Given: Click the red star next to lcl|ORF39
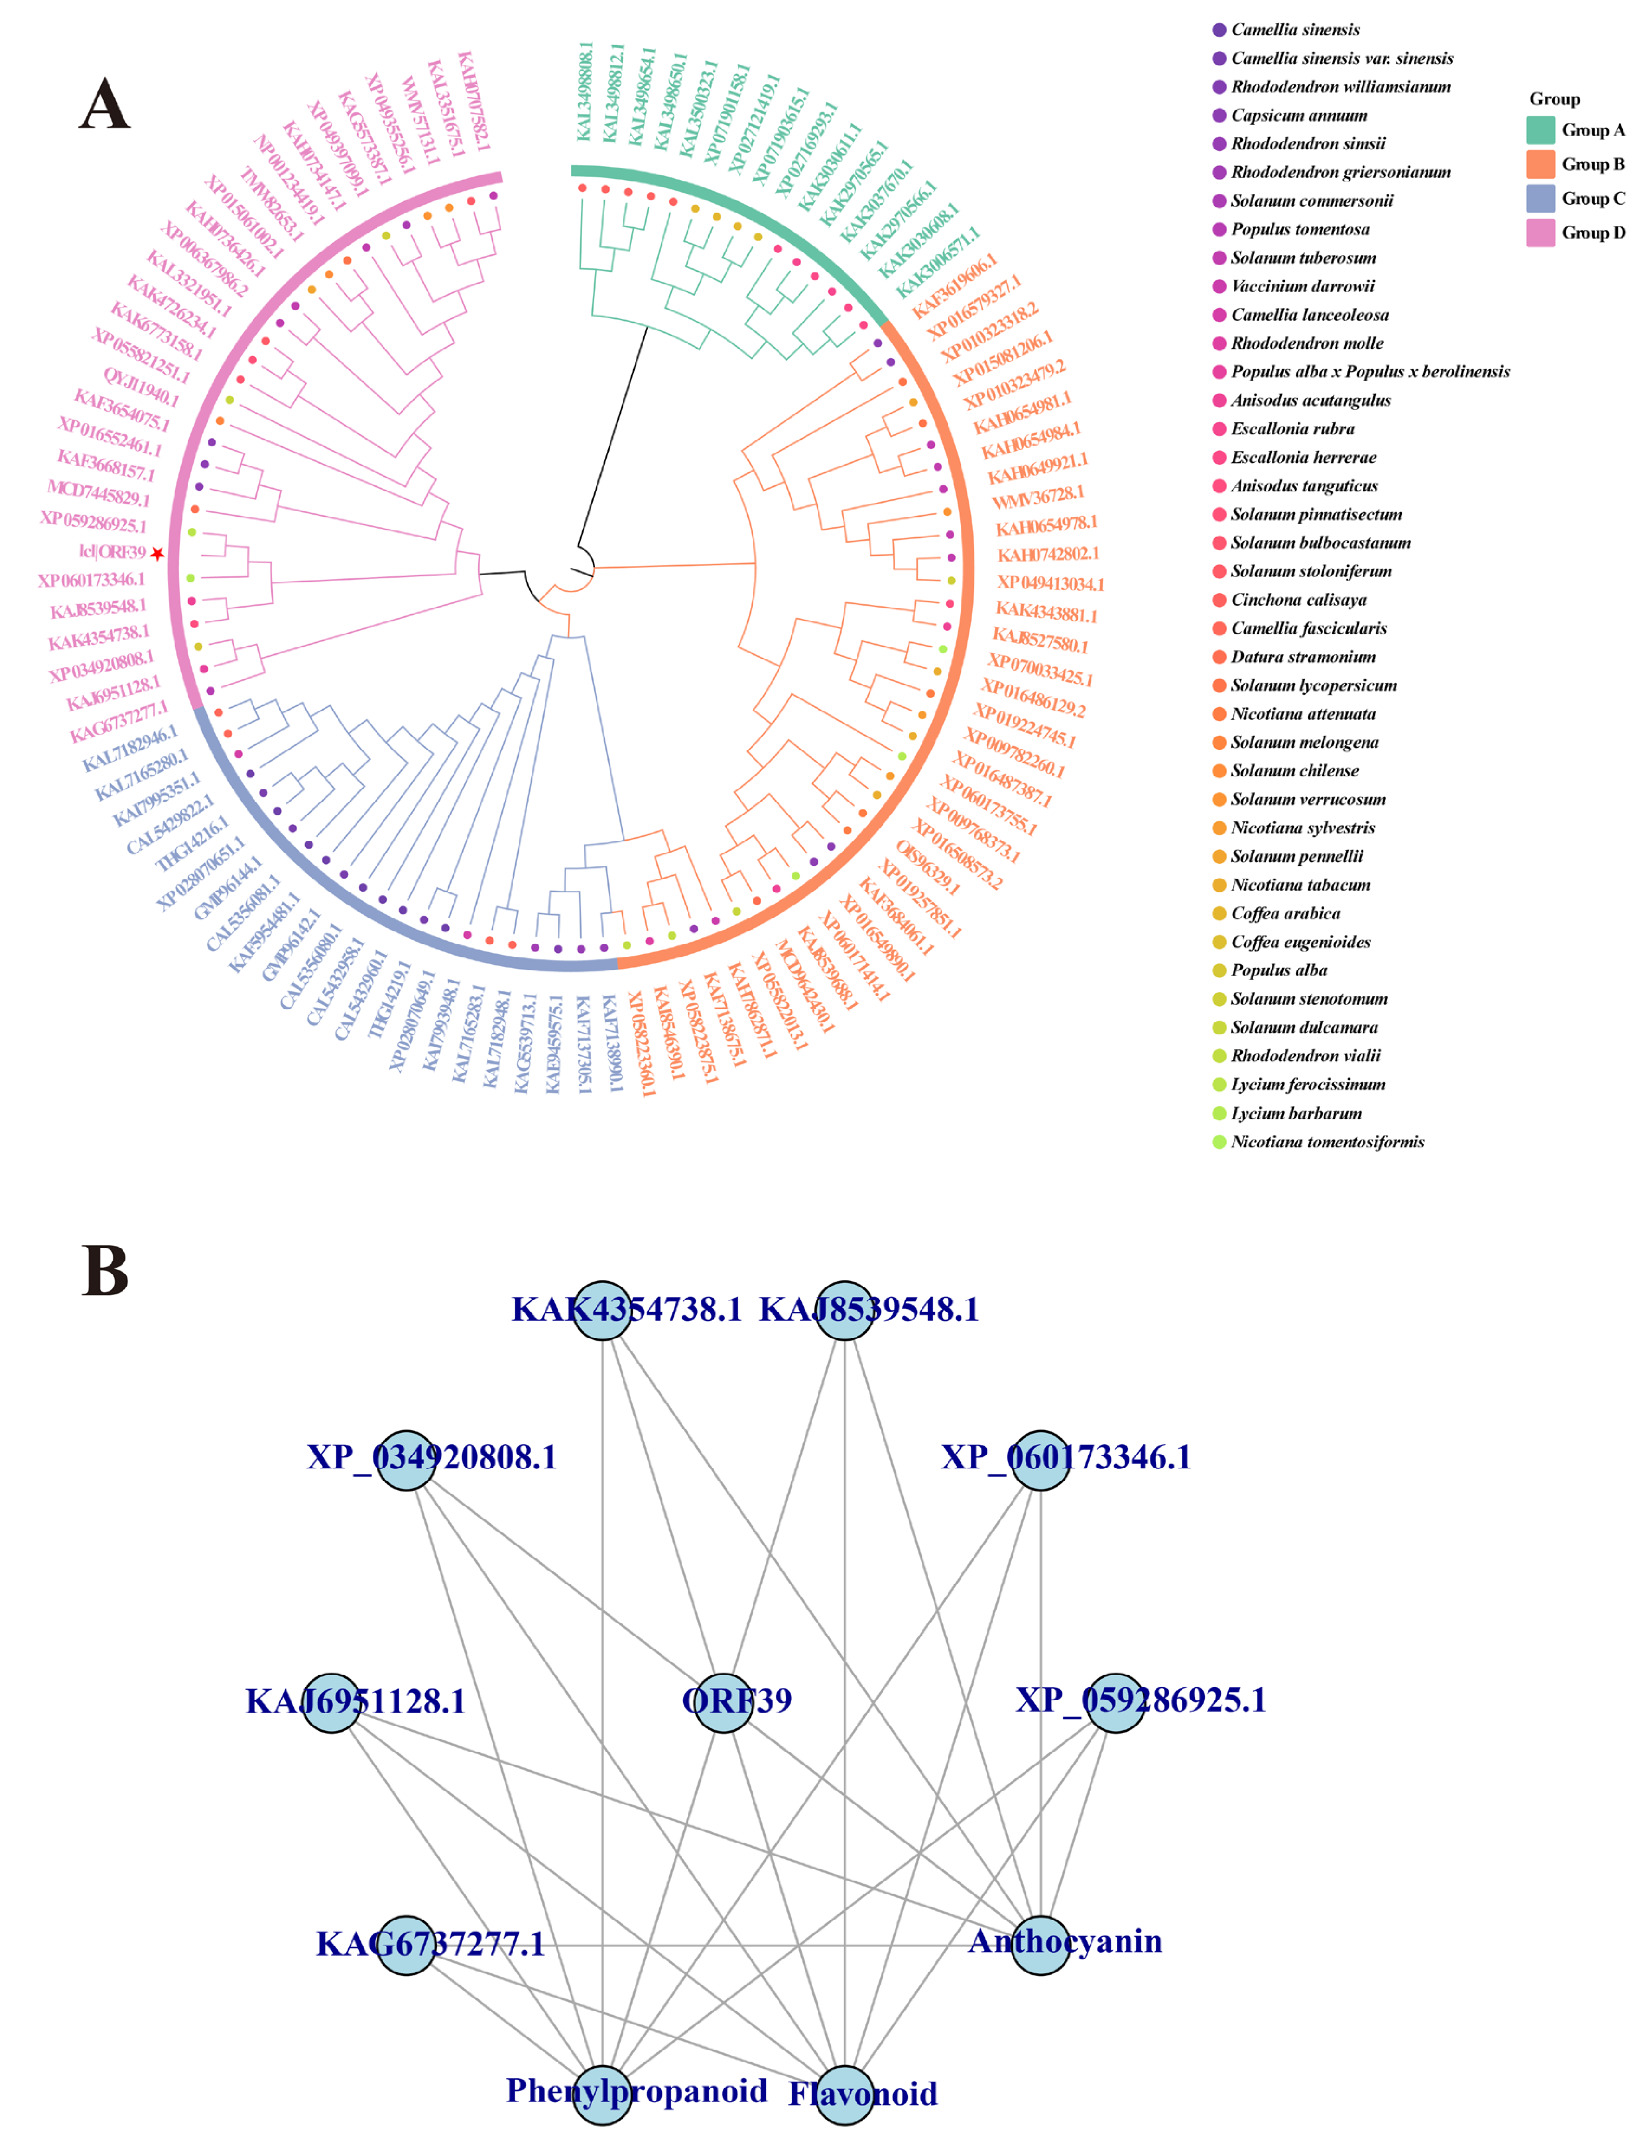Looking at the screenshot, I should click(x=157, y=555).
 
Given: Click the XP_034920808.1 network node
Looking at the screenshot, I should click(x=406, y=1460).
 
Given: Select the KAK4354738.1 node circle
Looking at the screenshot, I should click(x=603, y=1310).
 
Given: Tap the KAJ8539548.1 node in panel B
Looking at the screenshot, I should click(x=844, y=1310).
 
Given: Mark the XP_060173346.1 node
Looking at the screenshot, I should click(x=1040, y=1460).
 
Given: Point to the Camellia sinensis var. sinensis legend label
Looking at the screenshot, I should click(x=1342, y=59).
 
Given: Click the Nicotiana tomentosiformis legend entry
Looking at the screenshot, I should click(x=1327, y=1142).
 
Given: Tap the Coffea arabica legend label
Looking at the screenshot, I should click(x=1286, y=914).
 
